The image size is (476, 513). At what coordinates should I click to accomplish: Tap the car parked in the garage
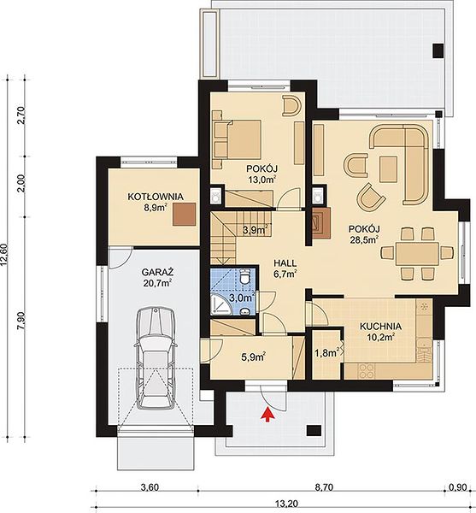pos(156,357)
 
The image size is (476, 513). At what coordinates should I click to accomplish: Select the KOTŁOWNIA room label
pos(156,197)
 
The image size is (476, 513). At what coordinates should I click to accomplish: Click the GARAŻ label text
pos(157,272)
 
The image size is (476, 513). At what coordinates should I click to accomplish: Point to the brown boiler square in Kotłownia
pos(185,214)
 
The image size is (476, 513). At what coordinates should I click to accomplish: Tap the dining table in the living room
pos(417,254)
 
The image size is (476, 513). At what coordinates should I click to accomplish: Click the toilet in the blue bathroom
pos(244,277)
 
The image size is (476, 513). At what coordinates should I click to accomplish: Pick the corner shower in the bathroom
pos(221,304)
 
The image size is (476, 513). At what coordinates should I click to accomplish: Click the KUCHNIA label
pos(380,327)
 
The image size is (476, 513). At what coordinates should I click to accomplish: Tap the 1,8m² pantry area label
pos(326,352)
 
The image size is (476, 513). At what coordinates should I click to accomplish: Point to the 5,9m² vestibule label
pos(253,357)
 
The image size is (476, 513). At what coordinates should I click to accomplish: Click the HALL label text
pos(285,263)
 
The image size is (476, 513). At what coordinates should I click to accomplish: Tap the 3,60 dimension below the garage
pos(150,487)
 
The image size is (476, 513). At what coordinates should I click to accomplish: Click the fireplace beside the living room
pos(321,223)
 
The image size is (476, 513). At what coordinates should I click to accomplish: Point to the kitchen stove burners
pos(366,371)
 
